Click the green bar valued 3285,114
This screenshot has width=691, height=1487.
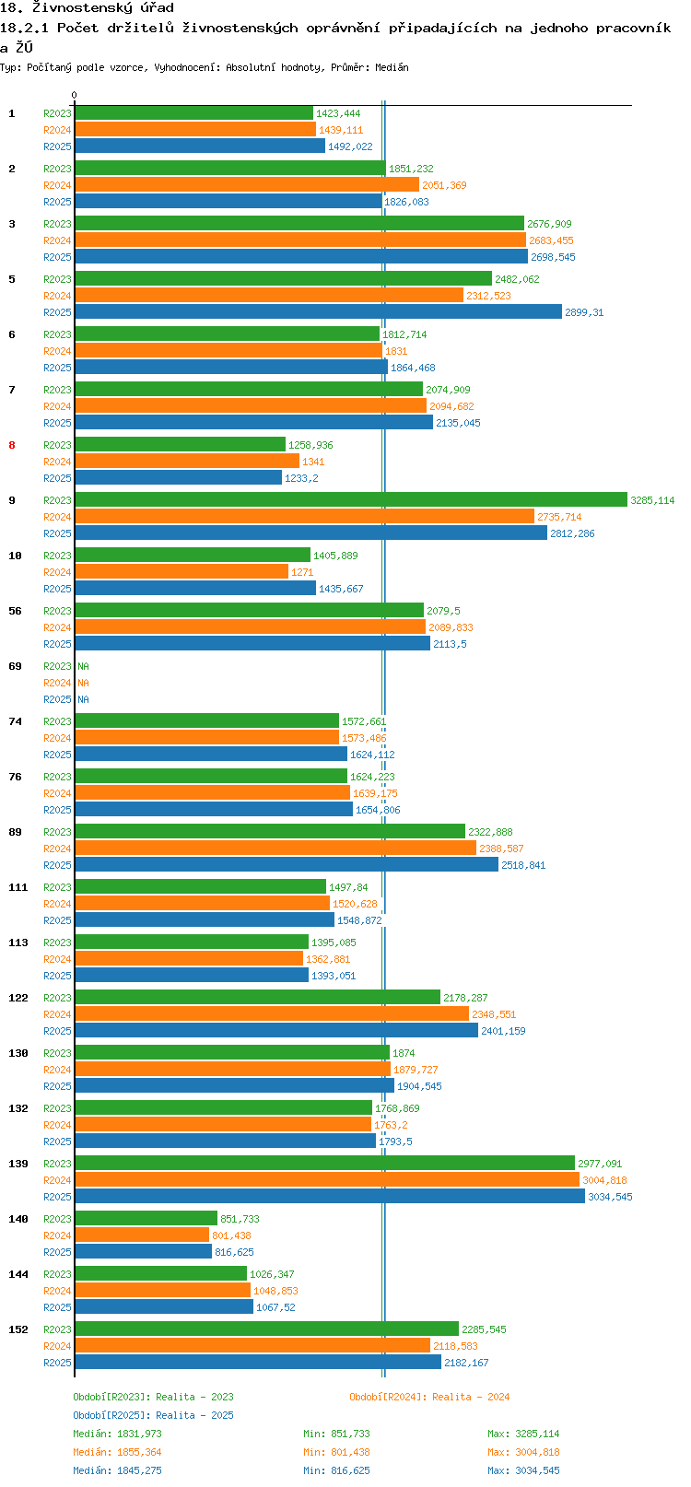[x=351, y=499]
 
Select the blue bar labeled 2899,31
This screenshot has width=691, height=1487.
[x=318, y=311]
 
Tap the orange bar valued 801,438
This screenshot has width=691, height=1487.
[x=142, y=1235]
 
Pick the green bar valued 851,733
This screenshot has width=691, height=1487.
[x=146, y=1218]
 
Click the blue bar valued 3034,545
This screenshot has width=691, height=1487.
[x=330, y=1196]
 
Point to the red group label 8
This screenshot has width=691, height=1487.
[x=12, y=445]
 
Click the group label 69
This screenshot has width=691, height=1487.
[x=16, y=666]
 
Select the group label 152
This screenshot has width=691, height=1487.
[x=18, y=1329]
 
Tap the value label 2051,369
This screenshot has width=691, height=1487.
[x=444, y=185]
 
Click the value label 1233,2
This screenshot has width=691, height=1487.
[x=301, y=478]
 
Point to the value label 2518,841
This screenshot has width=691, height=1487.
[x=523, y=865]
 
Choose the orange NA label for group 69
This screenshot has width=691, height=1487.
[x=83, y=683]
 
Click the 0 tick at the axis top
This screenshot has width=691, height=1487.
[x=74, y=95]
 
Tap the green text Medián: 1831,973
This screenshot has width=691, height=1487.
[x=118, y=1434]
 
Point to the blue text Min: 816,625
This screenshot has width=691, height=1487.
[x=336, y=1470]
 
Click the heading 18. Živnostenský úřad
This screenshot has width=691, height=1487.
[x=87, y=8]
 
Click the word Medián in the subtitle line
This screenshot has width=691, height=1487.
[x=392, y=67]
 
